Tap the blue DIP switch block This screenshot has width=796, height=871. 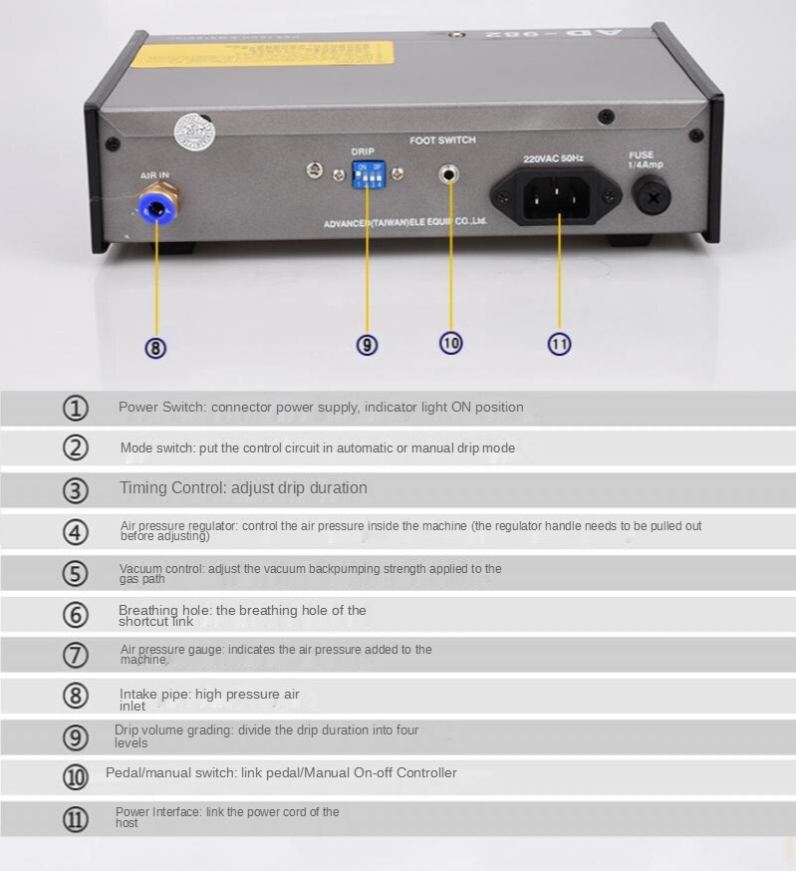tap(368, 174)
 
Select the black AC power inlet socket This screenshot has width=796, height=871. tap(558, 193)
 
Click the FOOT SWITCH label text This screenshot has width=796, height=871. tap(442, 141)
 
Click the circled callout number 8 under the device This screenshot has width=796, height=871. tap(155, 347)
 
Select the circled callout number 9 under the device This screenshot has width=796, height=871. tap(367, 344)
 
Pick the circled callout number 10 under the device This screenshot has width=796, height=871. tap(450, 342)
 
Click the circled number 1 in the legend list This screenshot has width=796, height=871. tap(76, 408)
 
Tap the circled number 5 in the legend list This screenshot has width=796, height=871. tap(76, 574)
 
